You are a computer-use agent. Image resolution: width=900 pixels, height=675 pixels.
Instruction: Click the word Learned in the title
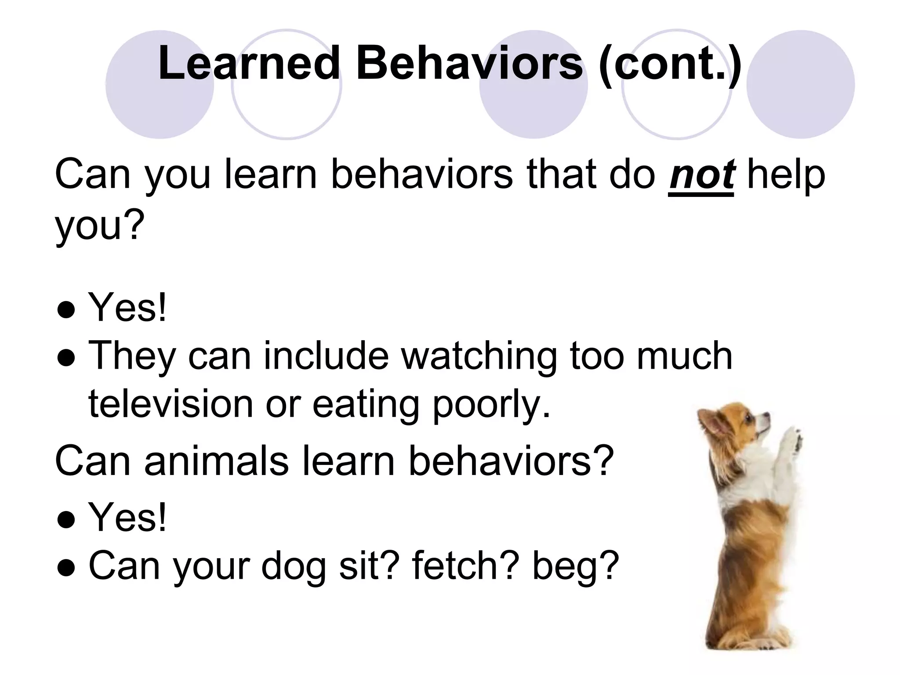249,64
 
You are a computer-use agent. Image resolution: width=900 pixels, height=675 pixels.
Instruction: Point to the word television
171,403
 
